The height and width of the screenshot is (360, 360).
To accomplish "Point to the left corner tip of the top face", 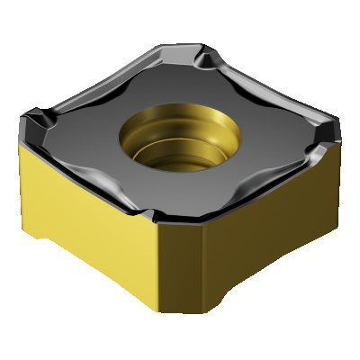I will pyautogui.click(x=27, y=117).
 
